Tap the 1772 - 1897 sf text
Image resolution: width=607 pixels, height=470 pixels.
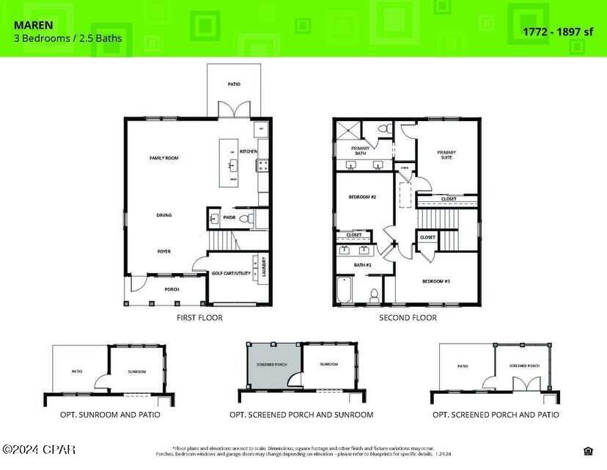(557, 31)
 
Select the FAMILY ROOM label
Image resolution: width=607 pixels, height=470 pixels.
(164, 158)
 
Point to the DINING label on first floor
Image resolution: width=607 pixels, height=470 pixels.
(164, 215)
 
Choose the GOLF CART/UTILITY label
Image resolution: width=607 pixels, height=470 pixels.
(229, 273)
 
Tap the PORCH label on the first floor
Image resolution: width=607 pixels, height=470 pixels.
(172, 289)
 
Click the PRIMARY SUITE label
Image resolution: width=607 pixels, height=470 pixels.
(446, 155)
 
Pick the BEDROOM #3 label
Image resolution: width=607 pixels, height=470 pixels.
(435, 281)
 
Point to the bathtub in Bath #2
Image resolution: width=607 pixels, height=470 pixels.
(345, 290)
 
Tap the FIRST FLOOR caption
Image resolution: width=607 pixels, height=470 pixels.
(199, 318)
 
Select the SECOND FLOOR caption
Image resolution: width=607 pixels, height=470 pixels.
(407, 318)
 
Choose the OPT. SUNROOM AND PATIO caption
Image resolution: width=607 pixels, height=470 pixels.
(110, 415)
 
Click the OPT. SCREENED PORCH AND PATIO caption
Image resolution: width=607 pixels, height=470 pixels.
(496, 415)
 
